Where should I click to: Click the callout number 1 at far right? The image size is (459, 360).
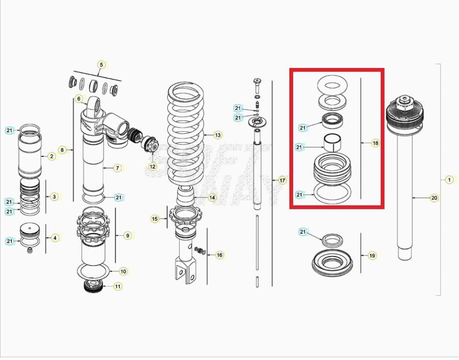[x=449, y=179]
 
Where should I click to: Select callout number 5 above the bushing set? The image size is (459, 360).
[x=101, y=64]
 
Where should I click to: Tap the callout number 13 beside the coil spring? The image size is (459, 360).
[x=218, y=135]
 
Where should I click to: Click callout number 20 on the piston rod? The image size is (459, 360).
[x=434, y=198]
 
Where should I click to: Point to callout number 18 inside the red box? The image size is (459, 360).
[x=375, y=143]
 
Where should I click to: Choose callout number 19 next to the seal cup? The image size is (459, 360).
[x=372, y=255]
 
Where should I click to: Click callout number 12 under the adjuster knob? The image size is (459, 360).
[x=153, y=166]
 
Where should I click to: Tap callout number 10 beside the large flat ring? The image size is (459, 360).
[x=123, y=271]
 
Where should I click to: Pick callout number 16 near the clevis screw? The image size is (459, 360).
[x=219, y=255]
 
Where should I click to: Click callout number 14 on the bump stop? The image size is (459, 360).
[x=212, y=197]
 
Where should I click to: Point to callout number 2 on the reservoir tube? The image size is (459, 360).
[x=52, y=156]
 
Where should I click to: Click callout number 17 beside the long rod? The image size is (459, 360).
[x=282, y=180]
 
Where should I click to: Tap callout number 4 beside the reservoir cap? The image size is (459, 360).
[x=55, y=238]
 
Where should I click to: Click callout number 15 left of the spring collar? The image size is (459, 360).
[x=155, y=218]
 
